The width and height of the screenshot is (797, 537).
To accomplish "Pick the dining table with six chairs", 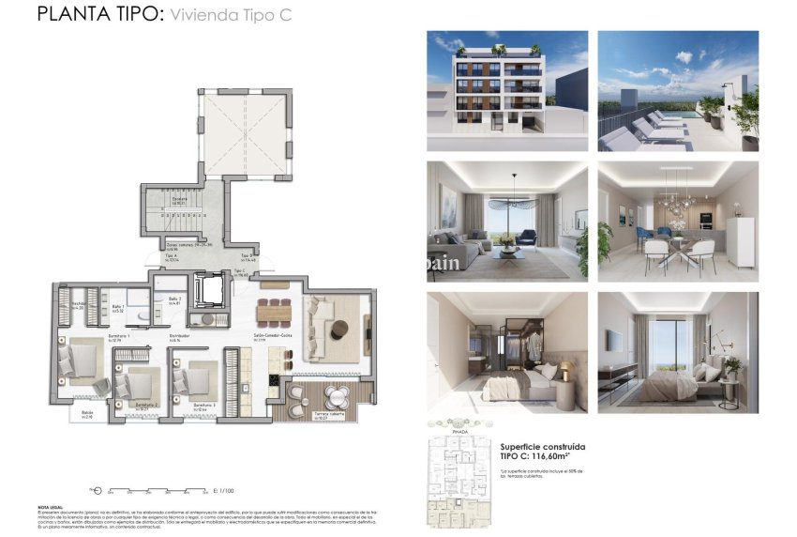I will tap(274, 310).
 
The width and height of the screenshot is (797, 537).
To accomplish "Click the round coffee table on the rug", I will tap(339, 326).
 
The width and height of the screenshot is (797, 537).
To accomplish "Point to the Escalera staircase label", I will tap(179, 198).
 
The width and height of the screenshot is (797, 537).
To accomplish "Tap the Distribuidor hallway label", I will tap(179, 335).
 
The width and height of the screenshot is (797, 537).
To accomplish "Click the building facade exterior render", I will tap(507, 90).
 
